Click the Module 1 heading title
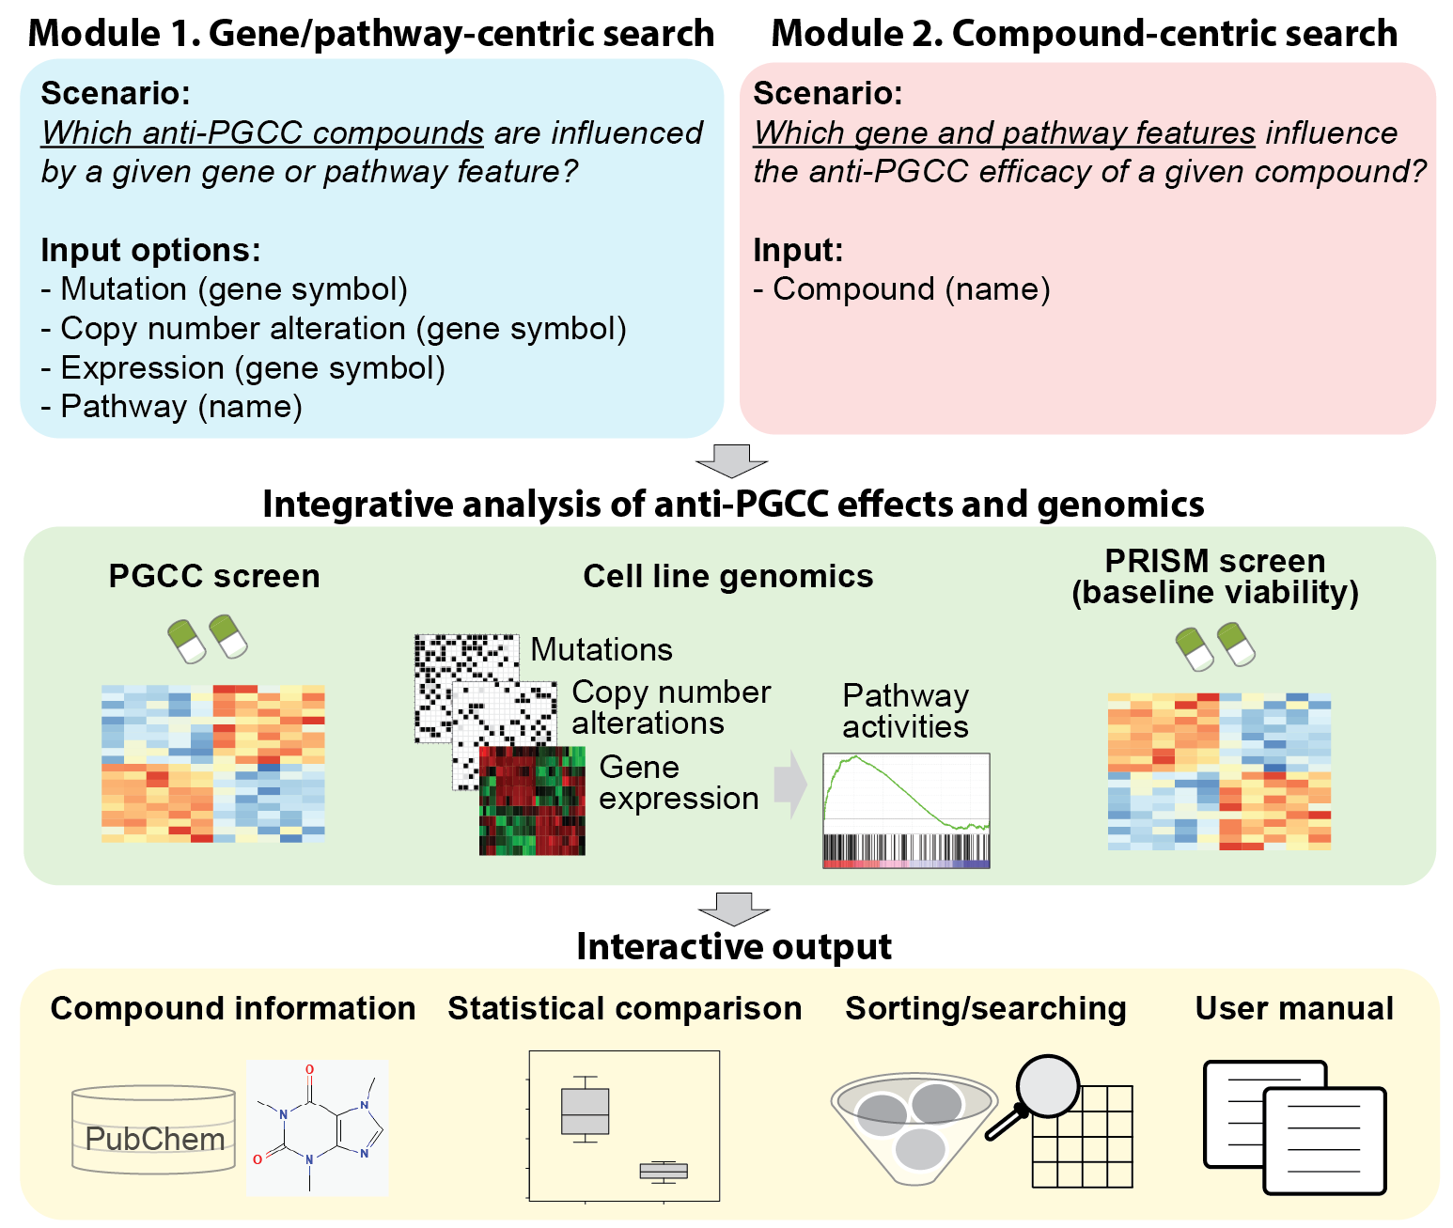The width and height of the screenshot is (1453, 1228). pos(370,33)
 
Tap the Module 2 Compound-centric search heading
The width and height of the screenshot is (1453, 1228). pos(1084,33)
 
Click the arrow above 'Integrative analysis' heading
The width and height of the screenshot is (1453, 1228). pos(731,460)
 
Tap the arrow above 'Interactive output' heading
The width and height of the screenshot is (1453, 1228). pos(733,909)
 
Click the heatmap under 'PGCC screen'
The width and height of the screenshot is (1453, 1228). pos(213,764)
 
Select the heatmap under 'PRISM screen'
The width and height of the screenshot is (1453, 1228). pos(1219,771)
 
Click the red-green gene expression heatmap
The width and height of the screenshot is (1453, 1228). pos(532,801)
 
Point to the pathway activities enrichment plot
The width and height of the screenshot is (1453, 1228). pos(906,810)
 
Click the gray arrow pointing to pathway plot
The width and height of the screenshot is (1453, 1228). pos(789,785)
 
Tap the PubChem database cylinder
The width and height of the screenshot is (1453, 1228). pos(154,1129)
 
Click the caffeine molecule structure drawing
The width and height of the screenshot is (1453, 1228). pos(317,1127)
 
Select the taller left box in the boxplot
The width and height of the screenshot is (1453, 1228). pos(585,1111)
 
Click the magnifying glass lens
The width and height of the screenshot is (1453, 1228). pos(1046,1086)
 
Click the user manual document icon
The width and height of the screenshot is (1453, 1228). pos(1295,1127)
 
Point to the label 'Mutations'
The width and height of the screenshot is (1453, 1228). pos(602,649)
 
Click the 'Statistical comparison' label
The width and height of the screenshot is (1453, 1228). pos(625,1008)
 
